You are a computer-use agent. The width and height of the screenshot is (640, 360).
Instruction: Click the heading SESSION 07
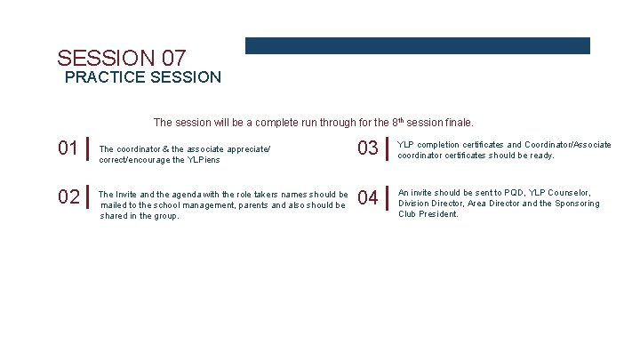click(122, 58)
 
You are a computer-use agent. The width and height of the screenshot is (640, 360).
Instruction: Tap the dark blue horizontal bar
click(417, 45)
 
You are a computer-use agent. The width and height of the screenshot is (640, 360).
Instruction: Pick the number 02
click(68, 196)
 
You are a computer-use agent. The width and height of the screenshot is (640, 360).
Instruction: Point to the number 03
click(368, 148)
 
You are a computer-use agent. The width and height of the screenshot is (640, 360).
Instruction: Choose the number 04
click(368, 197)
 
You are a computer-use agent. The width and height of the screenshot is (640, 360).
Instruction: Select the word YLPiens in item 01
click(203, 160)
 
